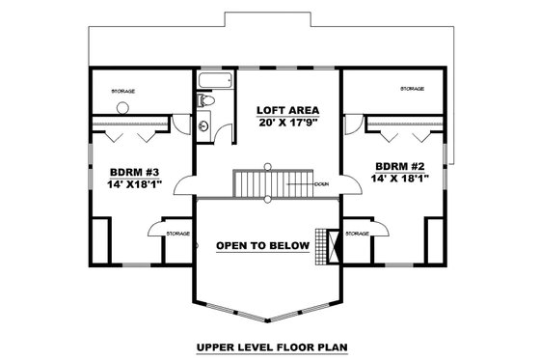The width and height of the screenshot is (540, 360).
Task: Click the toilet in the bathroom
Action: coord(205,100)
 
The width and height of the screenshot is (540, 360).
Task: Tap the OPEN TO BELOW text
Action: coord(262,246)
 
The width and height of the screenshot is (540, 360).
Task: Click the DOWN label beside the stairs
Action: coord(321,183)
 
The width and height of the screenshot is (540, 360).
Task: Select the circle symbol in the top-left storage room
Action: coord(123,108)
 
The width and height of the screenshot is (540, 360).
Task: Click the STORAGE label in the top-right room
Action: coord(413,89)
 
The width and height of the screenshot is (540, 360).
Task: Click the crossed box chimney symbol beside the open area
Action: coord(334,244)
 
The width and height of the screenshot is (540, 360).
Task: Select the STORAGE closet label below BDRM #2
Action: coord(358,233)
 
